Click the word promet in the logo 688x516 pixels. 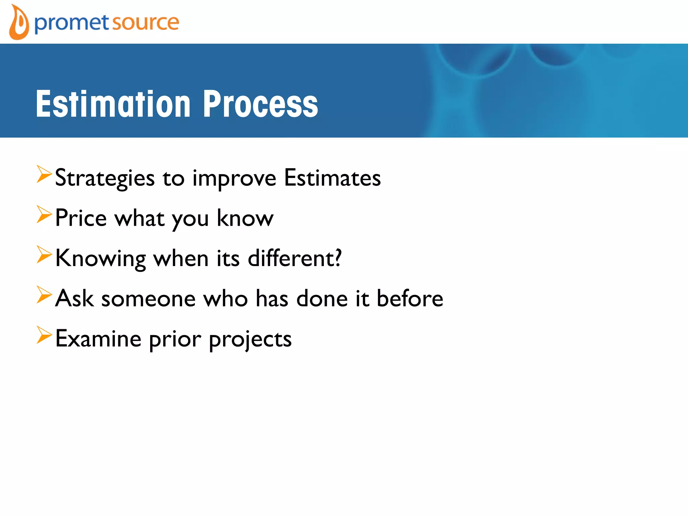tap(72, 23)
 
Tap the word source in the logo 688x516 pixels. tap(145, 23)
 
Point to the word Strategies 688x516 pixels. tap(104, 178)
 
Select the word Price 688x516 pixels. tap(81, 218)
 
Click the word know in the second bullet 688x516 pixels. tap(245, 218)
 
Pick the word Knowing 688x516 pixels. tap(100, 259)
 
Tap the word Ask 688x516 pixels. tap(74, 298)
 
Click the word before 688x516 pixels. tap(410, 298)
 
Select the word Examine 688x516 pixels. tap(98, 339)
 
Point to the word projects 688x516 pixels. tap(250, 340)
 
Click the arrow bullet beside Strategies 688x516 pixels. tap(44, 174)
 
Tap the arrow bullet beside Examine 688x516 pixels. tap(44, 335)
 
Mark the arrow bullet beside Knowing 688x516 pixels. tap(44, 255)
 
